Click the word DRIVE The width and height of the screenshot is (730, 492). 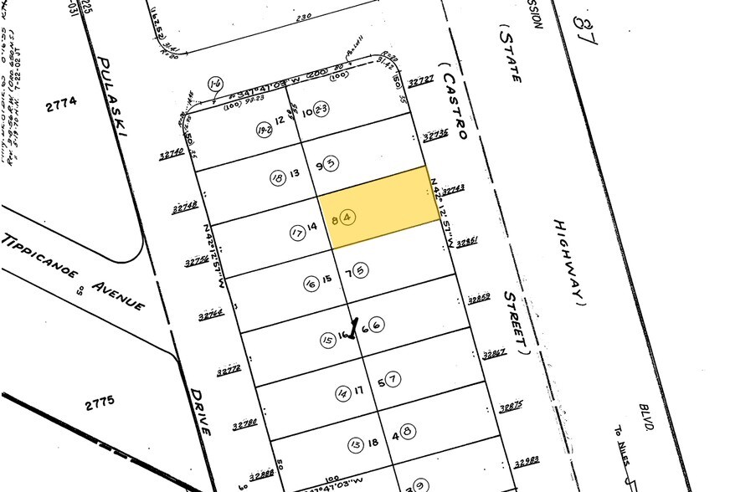coord(199,411)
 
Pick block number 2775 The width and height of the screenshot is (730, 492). coord(98,404)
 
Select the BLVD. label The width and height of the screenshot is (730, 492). coord(645,412)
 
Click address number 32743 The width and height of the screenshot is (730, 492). coord(453,189)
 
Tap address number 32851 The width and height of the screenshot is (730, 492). coord(465,243)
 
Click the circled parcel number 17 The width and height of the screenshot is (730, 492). coord(296,233)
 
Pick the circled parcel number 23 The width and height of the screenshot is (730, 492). coord(321,108)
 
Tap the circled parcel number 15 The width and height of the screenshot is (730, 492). coord(327,340)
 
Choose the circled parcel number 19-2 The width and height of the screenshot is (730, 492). coord(265,130)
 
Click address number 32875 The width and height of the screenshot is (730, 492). coord(511,407)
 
